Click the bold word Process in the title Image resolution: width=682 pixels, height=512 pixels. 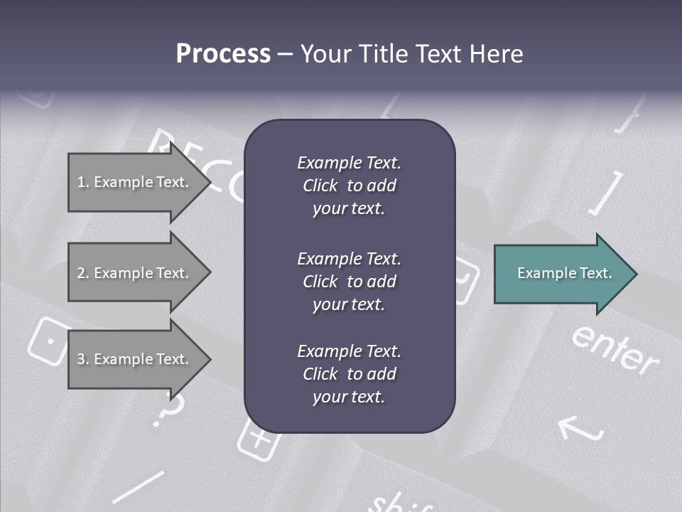tap(223, 54)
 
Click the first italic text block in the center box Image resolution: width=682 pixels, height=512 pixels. tap(349, 186)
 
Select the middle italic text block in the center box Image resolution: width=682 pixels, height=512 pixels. tap(349, 281)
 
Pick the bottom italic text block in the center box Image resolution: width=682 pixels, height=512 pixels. tap(349, 374)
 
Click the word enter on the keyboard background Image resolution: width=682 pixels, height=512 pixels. tap(615, 349)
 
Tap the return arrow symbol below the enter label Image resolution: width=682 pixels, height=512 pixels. tap(581, 428)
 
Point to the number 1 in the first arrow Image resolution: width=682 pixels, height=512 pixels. tap(81, 182)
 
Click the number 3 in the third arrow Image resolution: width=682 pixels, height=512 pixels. tap(81, 359)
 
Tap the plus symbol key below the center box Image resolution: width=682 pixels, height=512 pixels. tap(258, 439)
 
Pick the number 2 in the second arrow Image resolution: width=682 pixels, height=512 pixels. tap(81, 273)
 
